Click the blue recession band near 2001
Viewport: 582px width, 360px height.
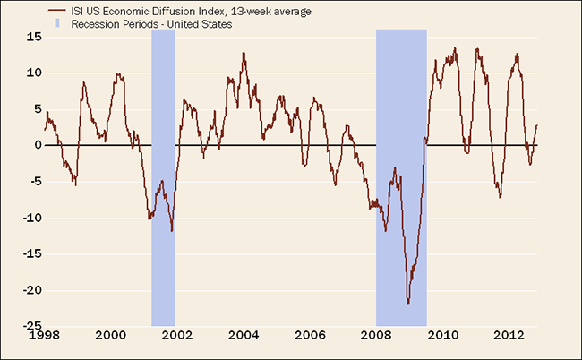coord(163,179)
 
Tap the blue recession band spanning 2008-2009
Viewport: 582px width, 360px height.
coord(400,179)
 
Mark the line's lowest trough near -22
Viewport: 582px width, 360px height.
coord(408,304)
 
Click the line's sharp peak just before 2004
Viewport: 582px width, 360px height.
coord(244,53)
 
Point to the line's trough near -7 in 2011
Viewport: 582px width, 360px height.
coord(500,197)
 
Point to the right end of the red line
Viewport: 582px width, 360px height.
coord(536,125)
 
